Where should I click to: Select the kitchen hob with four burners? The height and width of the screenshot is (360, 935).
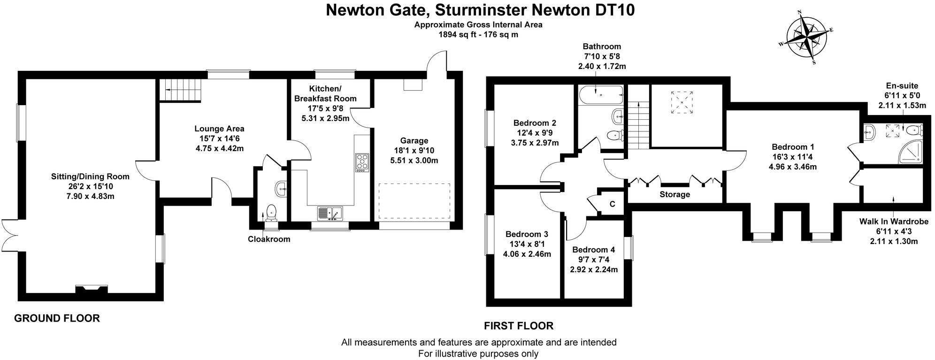[362, 162]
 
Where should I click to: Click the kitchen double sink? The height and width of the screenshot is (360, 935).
[330, 213]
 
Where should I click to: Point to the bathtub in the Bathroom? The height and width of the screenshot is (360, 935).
[601, 96]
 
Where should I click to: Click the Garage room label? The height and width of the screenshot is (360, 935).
[414, 140]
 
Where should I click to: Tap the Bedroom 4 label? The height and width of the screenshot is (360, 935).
[593, 250]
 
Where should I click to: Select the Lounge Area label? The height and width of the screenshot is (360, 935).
[219, 129]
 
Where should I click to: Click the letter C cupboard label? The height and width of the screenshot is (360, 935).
[612, 204]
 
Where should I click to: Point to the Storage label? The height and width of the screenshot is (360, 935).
[674, 194]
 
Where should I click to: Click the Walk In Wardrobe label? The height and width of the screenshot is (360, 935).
[894, 222]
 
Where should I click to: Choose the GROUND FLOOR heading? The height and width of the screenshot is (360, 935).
[57, 318]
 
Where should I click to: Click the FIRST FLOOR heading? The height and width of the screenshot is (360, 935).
[519, 325]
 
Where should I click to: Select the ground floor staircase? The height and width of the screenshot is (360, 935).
[181, 90]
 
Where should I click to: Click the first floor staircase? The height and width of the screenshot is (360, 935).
[637, 125]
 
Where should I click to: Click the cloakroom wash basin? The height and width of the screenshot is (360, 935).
[281, 189]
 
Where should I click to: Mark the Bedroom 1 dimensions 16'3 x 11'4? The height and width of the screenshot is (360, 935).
[793, 156]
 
